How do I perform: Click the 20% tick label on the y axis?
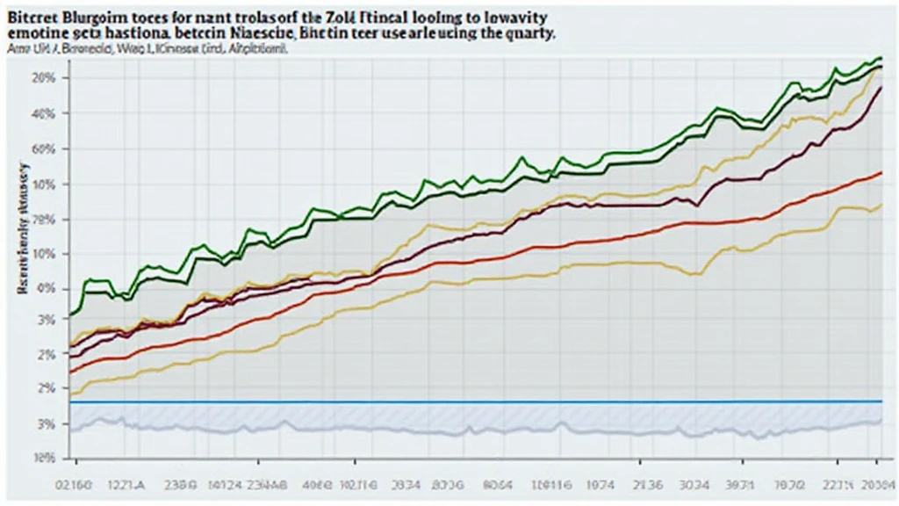tap(44, 77)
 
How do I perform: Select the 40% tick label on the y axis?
tap(44, 113)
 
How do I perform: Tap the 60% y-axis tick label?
tap(44, 148)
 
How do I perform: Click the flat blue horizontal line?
tap(474, 401)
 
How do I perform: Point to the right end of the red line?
tap(880, 173)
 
